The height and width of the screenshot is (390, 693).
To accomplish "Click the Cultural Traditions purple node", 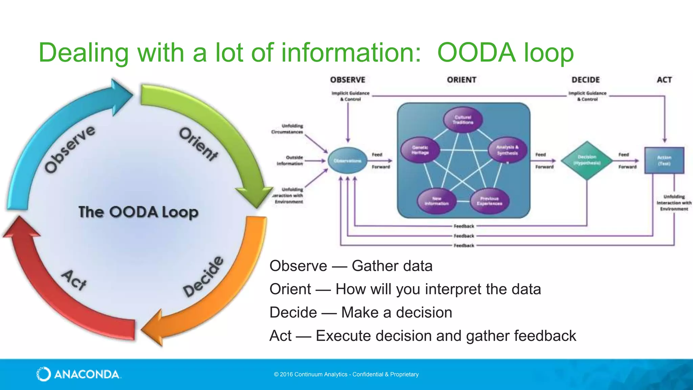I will point(463,120).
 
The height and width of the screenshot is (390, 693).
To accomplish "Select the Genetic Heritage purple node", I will point(420,150).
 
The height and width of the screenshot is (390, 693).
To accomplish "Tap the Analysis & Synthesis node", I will point(507,150).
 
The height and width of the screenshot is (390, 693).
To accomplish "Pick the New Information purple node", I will point(437,201).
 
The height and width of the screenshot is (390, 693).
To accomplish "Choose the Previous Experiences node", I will point(489,201).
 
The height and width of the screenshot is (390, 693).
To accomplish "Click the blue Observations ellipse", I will point(348,161).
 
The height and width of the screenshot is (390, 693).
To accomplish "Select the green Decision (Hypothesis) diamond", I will point(587,160).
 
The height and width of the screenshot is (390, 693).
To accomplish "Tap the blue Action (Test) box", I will point(664,160).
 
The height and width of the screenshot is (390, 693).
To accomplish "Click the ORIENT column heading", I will point(462,80).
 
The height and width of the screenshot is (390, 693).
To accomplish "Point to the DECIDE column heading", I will point(585,80).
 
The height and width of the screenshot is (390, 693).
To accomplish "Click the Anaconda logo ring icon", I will point(44,374).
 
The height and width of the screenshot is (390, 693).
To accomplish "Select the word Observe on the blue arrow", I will point(70,149).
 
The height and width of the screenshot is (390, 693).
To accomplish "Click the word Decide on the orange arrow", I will point(203,277).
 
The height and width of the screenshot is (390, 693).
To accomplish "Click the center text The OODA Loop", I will point(138,212).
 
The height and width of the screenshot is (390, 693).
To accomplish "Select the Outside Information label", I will point(290,160).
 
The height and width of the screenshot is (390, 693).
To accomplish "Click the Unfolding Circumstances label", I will point(287,129).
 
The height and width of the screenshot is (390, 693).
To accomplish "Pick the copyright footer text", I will point(346,374).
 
